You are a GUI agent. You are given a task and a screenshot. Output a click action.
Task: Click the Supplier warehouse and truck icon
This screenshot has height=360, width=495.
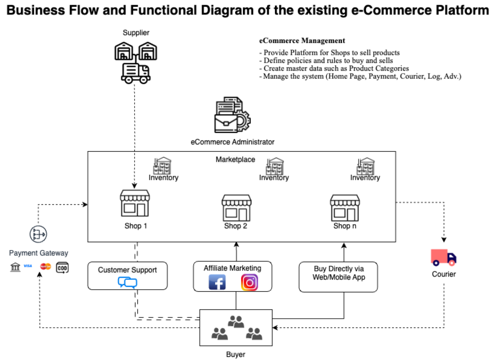click(136, 63)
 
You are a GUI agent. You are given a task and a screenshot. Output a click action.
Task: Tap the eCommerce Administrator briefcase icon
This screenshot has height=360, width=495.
click(232, 115)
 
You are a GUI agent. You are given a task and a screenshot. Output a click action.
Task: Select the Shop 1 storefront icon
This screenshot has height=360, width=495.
click(135, 203)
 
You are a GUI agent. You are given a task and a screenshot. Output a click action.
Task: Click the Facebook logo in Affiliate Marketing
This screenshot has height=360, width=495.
click(217, 282)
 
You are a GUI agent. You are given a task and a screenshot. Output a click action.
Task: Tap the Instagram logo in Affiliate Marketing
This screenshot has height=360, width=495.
click(249, 282)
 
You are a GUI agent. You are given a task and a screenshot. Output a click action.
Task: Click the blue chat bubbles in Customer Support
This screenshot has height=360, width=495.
click(128, 282)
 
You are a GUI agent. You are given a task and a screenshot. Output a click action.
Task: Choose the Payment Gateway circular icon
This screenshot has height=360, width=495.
click(38, 234)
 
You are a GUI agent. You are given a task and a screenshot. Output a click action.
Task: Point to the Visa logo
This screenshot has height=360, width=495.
click(28, 266)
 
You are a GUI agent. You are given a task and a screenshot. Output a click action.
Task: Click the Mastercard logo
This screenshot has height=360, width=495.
click(45, 266)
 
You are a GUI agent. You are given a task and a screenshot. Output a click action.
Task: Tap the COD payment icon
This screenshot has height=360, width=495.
click(62, 268)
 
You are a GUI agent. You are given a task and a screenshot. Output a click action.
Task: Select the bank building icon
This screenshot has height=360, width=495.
click(15, 267)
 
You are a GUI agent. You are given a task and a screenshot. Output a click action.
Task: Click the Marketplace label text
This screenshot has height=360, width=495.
click(235, 159)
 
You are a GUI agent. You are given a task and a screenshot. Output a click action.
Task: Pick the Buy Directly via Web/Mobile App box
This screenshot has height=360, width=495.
click(338, 277)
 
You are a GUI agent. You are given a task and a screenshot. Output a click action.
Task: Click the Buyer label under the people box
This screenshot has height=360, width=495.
click(236, 354)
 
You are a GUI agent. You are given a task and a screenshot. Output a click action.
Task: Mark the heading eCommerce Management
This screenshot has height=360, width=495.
click(302, 41)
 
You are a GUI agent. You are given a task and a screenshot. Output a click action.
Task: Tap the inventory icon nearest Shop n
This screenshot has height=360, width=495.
click(366, 166)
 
